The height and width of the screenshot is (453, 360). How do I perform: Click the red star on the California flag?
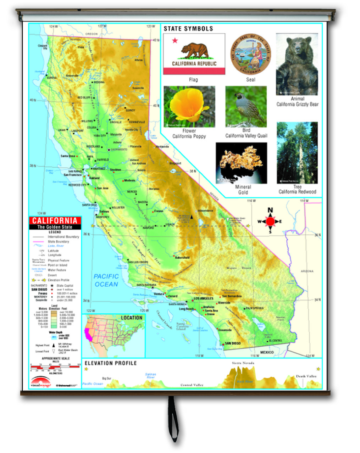click(175, 40)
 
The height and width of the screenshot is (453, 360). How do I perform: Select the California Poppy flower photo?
click(189, 106)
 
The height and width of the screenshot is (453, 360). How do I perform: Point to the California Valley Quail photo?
click(246, 106)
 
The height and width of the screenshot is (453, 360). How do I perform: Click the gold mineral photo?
click(241, 163)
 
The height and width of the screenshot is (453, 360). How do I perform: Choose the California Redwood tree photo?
click(297, 153)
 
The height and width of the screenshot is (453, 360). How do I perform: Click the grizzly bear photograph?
click(297, 64)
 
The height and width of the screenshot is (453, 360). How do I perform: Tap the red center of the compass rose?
click(270, 222)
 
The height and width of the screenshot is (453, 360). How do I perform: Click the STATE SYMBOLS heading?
click(188, 29)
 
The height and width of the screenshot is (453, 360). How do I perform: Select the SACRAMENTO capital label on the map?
click(119, 150)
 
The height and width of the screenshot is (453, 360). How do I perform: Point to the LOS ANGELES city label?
click(203, 298)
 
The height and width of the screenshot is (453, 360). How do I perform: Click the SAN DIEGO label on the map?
click(233, 343)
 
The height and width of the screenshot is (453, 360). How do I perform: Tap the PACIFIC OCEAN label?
click(106, 280)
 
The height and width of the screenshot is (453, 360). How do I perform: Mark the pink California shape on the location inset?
click(88, 334)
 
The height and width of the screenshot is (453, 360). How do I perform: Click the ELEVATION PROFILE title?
click(110, 363)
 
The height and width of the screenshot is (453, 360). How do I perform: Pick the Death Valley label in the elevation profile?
click(306, 376)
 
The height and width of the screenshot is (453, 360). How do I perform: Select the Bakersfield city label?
click(182, 258)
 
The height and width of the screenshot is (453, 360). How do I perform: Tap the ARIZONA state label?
click(307, 271)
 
